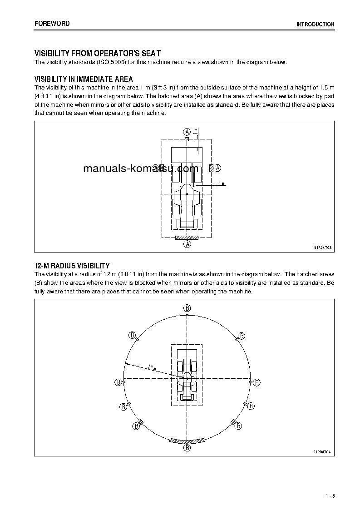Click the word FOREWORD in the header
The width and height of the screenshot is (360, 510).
[x=52, y=24]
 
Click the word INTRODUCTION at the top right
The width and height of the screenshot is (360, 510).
[x=315, y=25]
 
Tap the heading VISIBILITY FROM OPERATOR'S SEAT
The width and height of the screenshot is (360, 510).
[x=97, y=54]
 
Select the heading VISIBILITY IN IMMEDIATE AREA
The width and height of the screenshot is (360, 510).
[x=84, y=79]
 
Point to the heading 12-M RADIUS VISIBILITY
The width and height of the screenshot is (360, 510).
[x=72, y=266]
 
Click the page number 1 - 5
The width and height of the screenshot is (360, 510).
[x=330, y=495]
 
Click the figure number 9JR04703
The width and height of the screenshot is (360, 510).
[x=323, y=248]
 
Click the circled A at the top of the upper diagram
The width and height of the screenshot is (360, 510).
[x=187, y=131]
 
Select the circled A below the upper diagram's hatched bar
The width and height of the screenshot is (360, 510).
[x=187, y=244]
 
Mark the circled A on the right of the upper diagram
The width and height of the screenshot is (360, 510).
[x=217, y=168]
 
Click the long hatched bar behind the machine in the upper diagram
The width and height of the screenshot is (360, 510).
[x=187, y=237]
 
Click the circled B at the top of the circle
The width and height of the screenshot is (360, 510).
[x=187, y=308]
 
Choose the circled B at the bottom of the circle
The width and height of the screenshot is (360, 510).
[x=187, y=448]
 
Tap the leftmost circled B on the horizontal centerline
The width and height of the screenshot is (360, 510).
[x=118, y=382]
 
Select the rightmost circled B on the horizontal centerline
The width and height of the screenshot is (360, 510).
[x=256, y=382]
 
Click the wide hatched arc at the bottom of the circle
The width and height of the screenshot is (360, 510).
[x=187, y=441]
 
